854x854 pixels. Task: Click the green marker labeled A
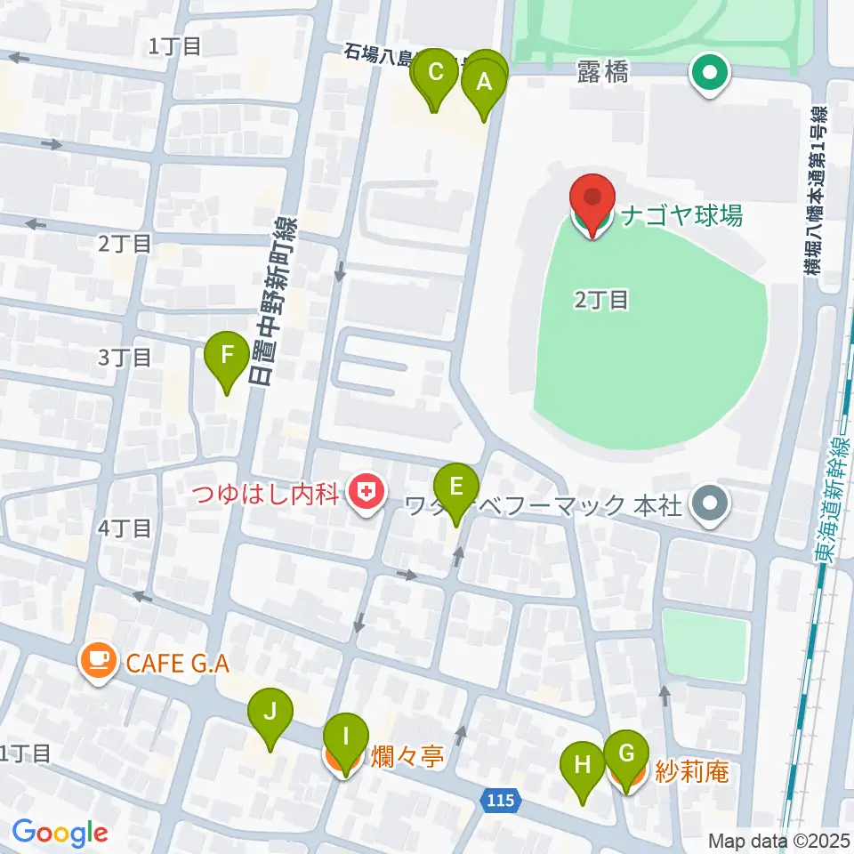484,83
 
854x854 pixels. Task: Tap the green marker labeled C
436,73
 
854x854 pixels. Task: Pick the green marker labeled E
456,487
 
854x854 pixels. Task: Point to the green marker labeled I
346,737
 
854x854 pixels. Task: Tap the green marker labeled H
583,765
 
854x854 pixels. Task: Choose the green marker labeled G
627,754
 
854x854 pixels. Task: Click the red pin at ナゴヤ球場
593,200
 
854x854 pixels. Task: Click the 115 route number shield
499,801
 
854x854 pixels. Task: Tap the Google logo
60,833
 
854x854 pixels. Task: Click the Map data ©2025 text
778,840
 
